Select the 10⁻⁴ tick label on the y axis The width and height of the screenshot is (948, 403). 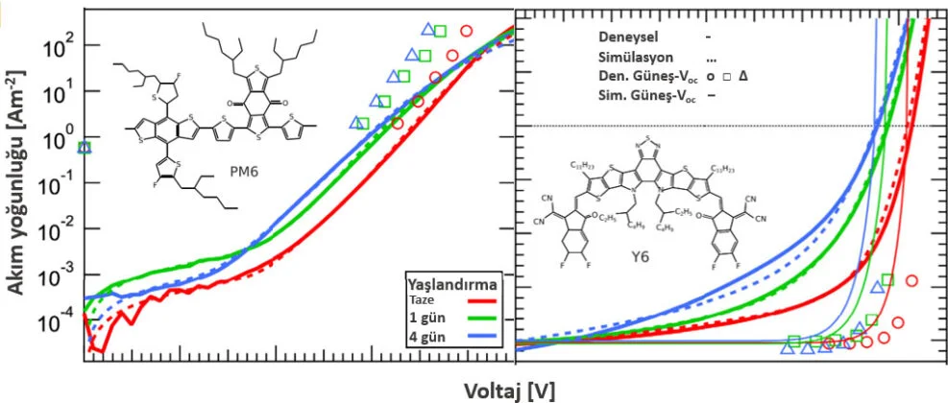(56, 323)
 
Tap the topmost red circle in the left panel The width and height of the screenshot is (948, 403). (467, 30)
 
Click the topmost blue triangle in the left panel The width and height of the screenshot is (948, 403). (427, 31)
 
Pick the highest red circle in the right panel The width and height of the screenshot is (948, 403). (912, 280)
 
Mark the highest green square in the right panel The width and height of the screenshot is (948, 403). (887, 280)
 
